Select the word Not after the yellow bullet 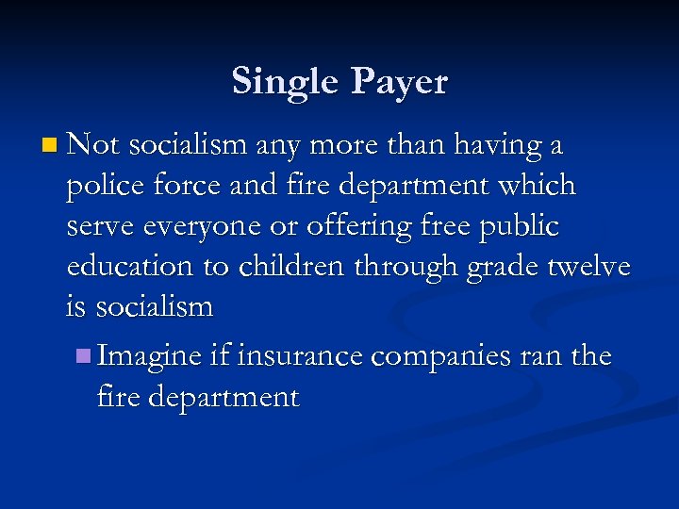pyautogui.click(x=93, y=146)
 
